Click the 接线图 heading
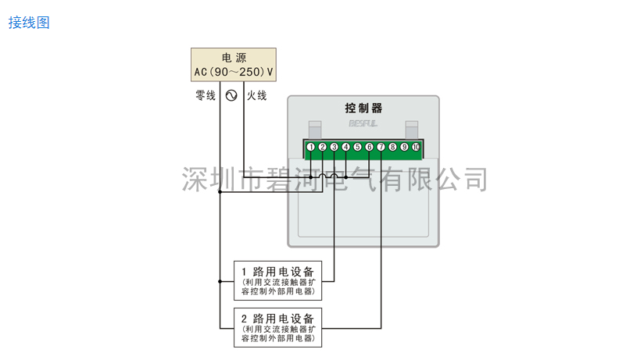coord(29,23)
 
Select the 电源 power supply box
coord(234,65)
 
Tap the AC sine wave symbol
coord(231,96)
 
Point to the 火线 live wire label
coord(257,96)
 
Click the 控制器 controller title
coord(363,109)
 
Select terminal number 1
coord(311,147)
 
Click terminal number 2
coord(323,147)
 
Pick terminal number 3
coord(334,147)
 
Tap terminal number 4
coord(346,147)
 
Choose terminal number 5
coord(358,147)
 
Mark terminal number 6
coord(370,147)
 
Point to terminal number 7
coord(381,147)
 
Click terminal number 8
coord(393,147)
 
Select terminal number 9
coord(405,147)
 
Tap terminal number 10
coord(417,147)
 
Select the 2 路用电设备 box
coord(277,328)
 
